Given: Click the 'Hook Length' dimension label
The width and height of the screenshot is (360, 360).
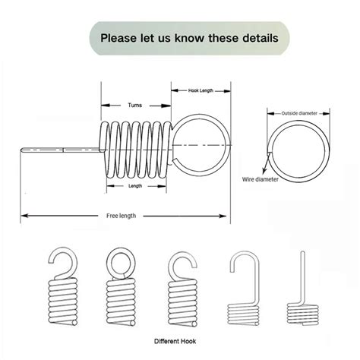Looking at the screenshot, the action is point(201,90).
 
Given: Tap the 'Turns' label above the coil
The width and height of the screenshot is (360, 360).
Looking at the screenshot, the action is point(134,105).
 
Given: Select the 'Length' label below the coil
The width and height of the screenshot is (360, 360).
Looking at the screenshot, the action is point(135,186).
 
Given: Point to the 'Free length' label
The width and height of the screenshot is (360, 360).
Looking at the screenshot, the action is point(121,216).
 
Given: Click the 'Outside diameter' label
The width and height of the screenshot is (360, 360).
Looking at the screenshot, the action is point(299,113).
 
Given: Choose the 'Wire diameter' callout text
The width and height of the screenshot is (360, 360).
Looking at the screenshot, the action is point(261,179).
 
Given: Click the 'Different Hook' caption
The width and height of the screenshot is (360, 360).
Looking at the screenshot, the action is point(175,341).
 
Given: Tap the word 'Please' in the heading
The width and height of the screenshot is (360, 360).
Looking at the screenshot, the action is point(118,38).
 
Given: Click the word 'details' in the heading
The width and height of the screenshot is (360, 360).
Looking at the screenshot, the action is point(261,38).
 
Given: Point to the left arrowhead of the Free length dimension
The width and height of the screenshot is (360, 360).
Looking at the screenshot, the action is point(24,216).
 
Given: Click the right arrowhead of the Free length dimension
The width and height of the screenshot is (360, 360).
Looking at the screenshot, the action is point(223,216).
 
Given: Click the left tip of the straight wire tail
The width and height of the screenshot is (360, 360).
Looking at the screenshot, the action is point(21,150).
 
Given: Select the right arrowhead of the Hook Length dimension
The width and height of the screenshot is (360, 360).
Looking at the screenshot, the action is point(227,91).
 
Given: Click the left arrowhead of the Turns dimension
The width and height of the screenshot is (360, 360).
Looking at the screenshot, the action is point(105,106).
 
